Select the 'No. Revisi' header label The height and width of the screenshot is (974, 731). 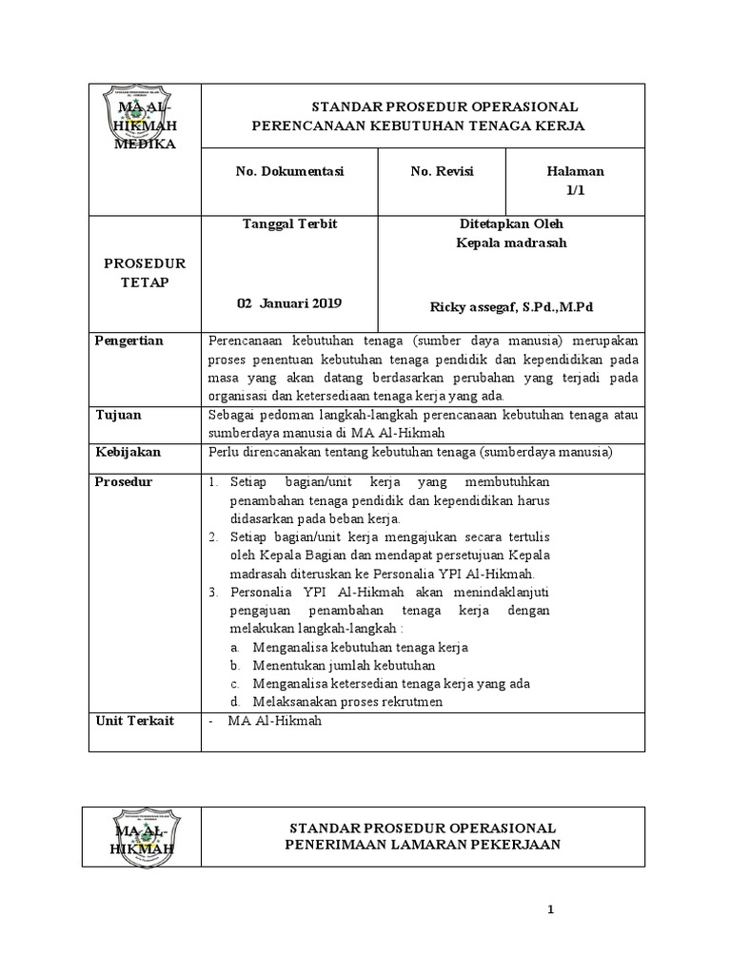pyautogui.click(x=442, y=172)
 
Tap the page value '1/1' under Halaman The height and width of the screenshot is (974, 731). pyautogui.click(x=575, y=190)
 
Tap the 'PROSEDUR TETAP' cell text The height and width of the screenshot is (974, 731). pyautogui.click(x=145, y=273)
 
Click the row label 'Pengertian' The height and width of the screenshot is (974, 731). pyautogui.click(x=129, y=341)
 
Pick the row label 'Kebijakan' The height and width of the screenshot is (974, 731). pyautogui.click(x=128, y=451)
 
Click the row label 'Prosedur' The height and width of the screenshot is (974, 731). pyautogui.click(x=124, y=482)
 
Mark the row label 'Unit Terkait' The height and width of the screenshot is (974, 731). pyautogui.click(x=135, y=722)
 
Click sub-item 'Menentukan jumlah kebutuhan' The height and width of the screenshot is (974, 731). pyautogui.click(x=345, y=665)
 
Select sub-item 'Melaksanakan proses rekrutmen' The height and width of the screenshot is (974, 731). pyautogui.click(x=348, y=703)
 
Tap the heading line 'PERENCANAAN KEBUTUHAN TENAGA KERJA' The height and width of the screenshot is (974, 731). pyautogui.click(x=418, y=126)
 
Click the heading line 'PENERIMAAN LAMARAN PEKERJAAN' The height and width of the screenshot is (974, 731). pyautogui.click(x=423, y=845)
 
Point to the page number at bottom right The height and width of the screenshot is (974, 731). pyautogui.click(x=550, y=911)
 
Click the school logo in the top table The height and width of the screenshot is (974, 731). pyautogui.click(x=144, y=123)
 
